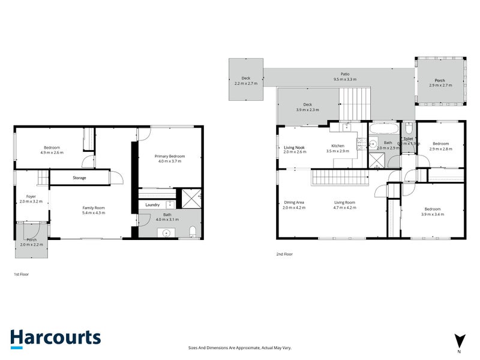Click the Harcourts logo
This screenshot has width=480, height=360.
coord(55,338)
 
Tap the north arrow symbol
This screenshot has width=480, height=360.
coord(460,340)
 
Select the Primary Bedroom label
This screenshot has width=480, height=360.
coord(171,156)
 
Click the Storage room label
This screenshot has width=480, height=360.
coord(79,178)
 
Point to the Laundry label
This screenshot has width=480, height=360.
coord(152,205)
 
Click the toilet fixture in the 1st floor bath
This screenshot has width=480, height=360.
coord(193,232)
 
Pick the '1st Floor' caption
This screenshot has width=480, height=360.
coord(21,274)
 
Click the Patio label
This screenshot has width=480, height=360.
coord(345,74)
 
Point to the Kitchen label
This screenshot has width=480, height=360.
coord(337,146)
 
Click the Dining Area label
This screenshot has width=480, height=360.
coord(294,202)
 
